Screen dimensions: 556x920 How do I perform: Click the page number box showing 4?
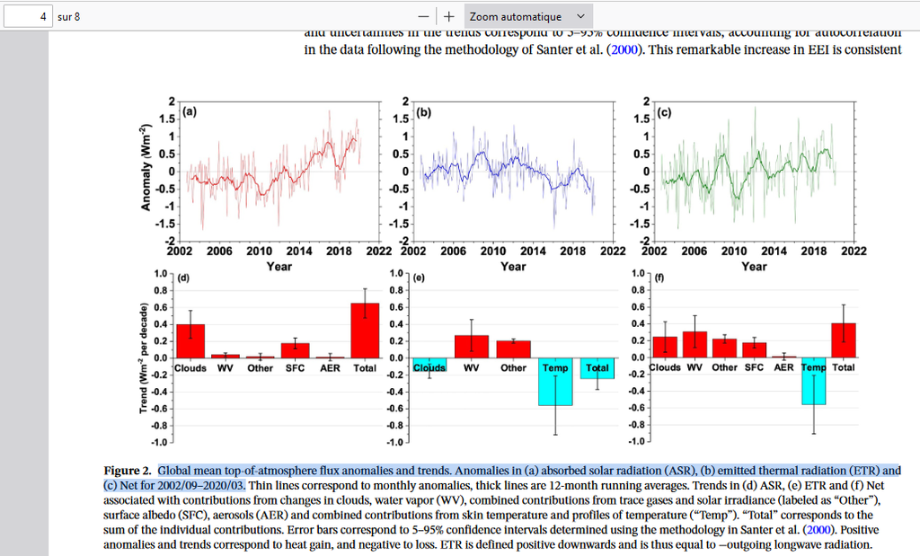click(27, 16)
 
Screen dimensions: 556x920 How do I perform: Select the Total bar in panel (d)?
click(365, 330)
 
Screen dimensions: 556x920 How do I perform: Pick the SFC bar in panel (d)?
click(295, 349)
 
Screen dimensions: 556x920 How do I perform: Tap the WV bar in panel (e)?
click(471, 346)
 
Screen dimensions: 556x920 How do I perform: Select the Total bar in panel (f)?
click(844, 340)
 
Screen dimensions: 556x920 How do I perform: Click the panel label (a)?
click(190, 112)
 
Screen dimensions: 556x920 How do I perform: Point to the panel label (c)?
click(665, 112)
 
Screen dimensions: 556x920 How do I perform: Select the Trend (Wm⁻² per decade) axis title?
click(145, 357)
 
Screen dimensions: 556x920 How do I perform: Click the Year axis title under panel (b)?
click(513, 266)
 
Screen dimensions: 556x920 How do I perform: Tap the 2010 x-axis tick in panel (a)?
click(260, 252)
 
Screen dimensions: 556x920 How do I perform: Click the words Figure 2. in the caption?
click(128, 471)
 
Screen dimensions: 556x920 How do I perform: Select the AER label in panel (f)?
click(783, 367)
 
